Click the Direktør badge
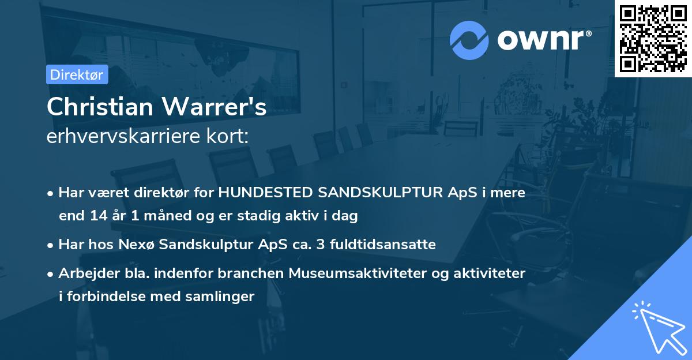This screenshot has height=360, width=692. (77, 74)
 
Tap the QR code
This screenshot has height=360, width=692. (653, 39)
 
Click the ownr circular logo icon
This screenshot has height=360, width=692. (469, 40)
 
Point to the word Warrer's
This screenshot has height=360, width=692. (223, 107)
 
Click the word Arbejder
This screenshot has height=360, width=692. (85, 273)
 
